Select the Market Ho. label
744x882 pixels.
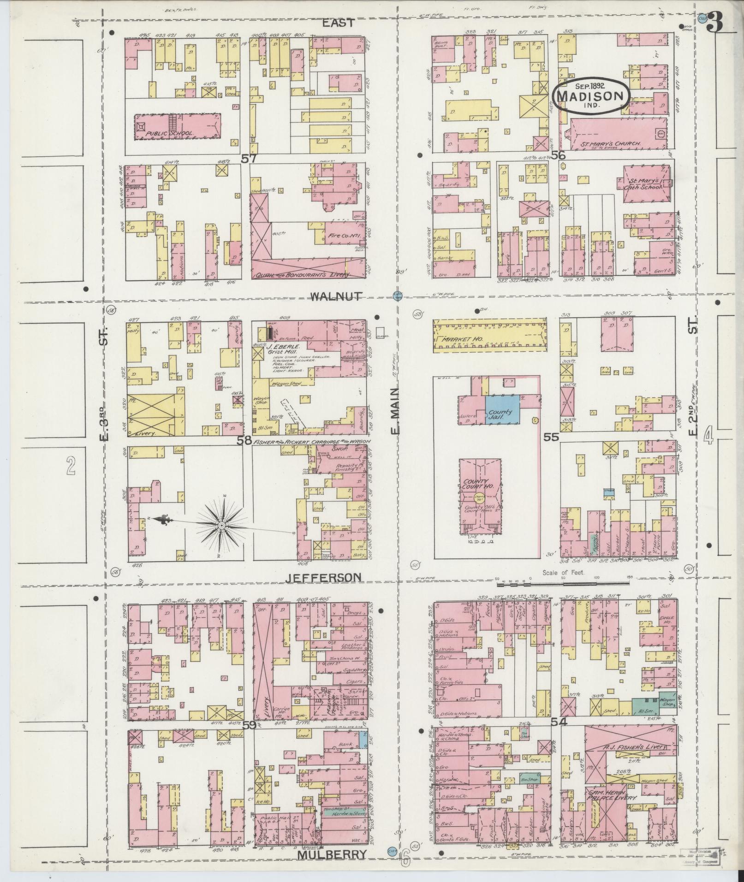pyautogui.click(x=456, y=339)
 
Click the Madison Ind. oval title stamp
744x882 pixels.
pyautogui.click(x=590, y=95)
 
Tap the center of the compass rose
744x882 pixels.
pyautogui.click(x=221, y=526)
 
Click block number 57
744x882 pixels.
pyautogui.click(x=249, y=159)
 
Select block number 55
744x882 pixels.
pyautogui.click(x=551, y=437)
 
